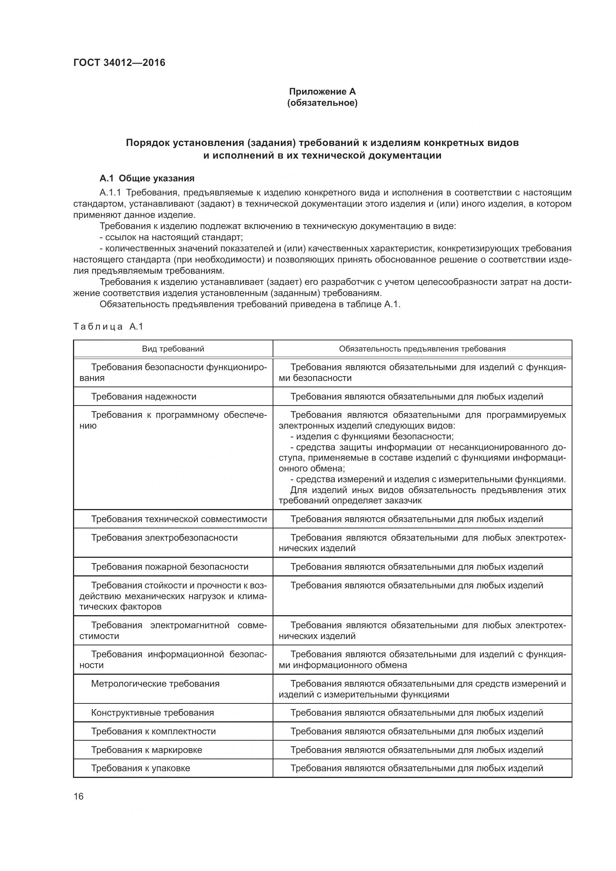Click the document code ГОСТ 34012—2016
point(119,63)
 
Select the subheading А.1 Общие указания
point(147,178)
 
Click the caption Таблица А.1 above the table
point(108,327)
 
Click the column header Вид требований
point(173,349)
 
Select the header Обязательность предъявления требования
point(422,349)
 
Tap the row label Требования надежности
point(143,397)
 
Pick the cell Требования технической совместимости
point(179,519)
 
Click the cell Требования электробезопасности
point(164,538)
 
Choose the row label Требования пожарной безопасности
point(169,567)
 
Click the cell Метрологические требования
point(155,684)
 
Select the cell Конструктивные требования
point(152,713)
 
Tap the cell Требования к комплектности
point(153,731)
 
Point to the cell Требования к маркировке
point(146,750)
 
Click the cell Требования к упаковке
point(140,768)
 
